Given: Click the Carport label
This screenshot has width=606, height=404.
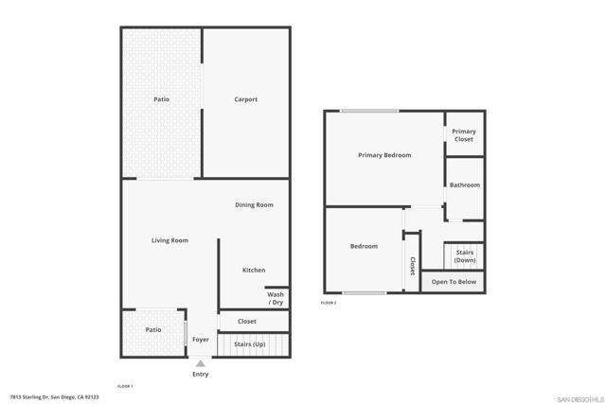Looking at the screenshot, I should (x=246, y=99).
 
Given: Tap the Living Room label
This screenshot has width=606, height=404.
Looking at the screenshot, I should (x=169, y=240).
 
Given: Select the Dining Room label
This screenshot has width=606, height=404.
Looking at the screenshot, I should (x=254, y=204).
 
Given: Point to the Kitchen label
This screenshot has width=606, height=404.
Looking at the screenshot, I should (x=254, y=271).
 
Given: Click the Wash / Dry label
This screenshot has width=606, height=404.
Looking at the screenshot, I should (x=276, y=298).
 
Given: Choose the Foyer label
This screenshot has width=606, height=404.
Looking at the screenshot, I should (x=201, y=340).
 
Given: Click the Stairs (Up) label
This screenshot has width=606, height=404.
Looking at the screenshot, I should (x=249, y=344).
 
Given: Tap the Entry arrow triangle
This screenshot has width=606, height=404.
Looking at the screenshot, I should (x=201, y=362).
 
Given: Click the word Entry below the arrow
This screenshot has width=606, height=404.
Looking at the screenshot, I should (x=201, y=375).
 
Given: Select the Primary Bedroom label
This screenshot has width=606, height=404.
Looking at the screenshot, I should (x=384, y=155).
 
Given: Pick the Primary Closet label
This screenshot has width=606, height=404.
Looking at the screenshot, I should (x=464, y=135).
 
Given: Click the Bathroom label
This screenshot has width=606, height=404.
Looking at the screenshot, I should (x=465, y=184).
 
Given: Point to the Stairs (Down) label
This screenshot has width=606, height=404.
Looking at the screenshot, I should (x=465, y=255).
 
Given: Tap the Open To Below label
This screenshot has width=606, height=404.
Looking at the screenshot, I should (x=453, y=282).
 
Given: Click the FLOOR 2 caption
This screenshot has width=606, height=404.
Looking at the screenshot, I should (x=329, y=303).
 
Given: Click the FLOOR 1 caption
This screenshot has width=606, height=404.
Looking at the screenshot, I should (x=125, y=386).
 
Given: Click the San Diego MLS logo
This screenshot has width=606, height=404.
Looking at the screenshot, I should (x=578, y=397).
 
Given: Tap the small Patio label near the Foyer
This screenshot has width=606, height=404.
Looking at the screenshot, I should (x=153, y=329).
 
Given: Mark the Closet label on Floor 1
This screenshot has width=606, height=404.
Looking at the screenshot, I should (x=247, y=322).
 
